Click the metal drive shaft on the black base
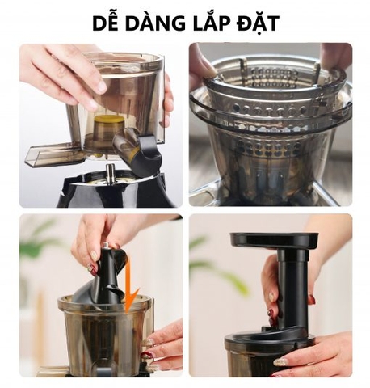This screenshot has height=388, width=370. click(109, 172)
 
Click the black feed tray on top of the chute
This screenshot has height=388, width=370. click(273, 241)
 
